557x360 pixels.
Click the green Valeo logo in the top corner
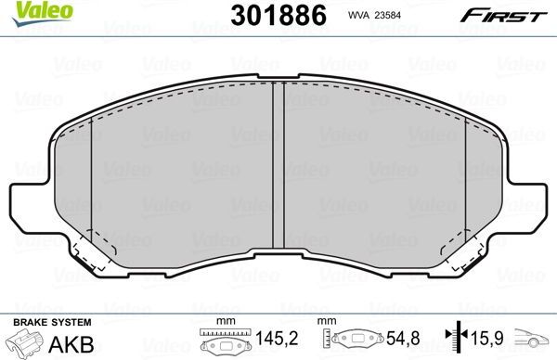pos(25,11)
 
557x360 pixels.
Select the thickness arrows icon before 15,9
pos(457,341)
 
